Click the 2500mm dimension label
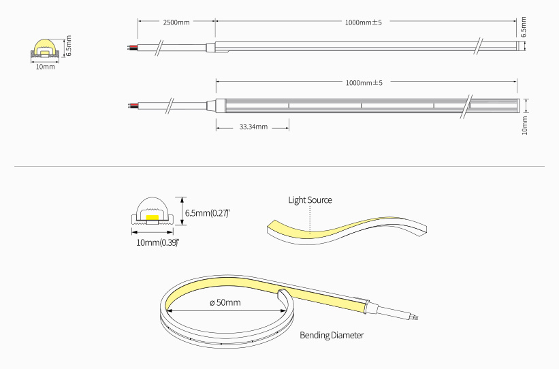176,22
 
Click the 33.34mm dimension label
253,127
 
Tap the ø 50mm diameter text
224,302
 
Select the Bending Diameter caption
332,335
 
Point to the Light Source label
310,200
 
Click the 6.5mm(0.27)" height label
208,213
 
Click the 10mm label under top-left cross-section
45,67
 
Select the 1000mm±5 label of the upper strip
364,22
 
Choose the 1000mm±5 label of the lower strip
364,83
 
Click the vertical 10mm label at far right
524,125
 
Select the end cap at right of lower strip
520,105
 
